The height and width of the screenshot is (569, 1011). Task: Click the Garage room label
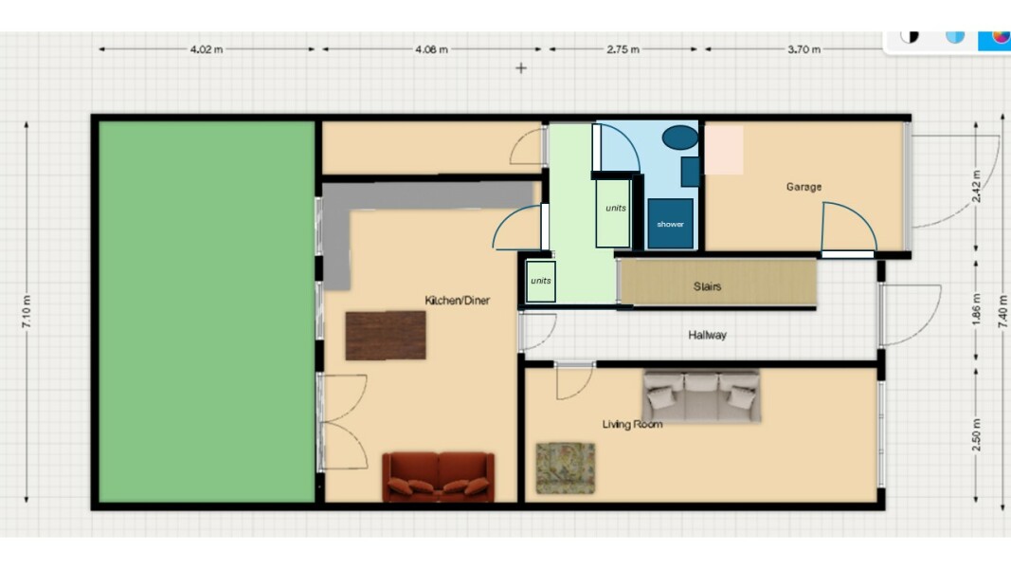point(803,187)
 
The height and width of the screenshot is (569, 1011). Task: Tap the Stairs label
point(707,286)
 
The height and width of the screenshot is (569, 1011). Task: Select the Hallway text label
point(708,335)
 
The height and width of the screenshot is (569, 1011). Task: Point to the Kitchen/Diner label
point(458,301)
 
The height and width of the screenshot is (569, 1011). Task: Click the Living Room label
point(632,424)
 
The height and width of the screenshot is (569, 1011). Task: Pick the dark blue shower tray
point(670,224)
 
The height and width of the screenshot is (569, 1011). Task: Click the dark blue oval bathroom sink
point(679,138)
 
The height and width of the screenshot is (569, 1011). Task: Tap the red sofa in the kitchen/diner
point(438,475)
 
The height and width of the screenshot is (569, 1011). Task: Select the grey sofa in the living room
point(702,395)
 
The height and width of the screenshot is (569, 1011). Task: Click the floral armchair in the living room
point(565,468)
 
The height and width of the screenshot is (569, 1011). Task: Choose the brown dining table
point(385,335)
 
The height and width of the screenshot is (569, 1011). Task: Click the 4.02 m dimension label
point(207,49)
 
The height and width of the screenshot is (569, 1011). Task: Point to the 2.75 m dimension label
point(623,49)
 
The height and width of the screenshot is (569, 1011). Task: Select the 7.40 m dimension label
point(1003,311)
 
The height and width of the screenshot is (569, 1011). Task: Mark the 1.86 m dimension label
point(977,311)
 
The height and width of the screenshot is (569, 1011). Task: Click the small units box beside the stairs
point(540,282)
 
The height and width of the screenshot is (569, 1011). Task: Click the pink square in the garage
point(723,149)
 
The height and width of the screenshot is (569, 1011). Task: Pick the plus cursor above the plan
point(520,68)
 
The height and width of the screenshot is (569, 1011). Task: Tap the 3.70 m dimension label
point(803,49)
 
